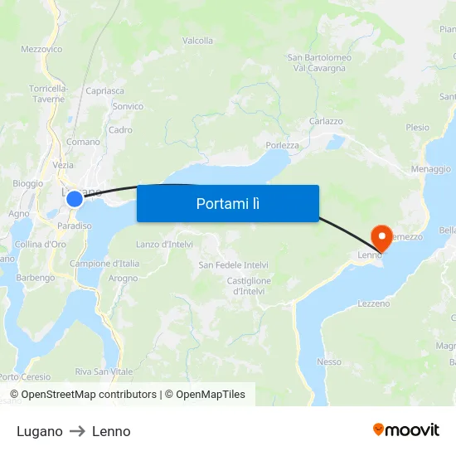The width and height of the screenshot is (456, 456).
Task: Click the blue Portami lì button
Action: (x=227, y=203)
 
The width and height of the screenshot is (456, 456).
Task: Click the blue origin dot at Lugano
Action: (x=75, y=198)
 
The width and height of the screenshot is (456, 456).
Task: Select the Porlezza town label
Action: (x=282, y=145)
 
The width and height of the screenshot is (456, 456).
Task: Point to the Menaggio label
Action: (x=430, y=169)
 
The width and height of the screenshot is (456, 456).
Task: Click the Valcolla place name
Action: (x=197, y=41)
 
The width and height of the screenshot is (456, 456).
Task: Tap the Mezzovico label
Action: (x=41, y=49)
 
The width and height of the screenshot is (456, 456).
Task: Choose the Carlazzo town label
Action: (x=326, y=121)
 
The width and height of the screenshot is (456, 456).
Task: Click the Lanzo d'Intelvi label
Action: (x=164, y=244)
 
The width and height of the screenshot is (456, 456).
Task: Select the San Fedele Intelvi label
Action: (x=233, y=265)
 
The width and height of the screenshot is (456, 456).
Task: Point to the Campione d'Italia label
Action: (x=104, y=264)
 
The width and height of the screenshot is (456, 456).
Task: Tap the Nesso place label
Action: (x=328, y=361)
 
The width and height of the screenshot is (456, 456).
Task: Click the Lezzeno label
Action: (x=373, y=304)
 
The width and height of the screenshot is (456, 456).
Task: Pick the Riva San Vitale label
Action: (x=104, y=371)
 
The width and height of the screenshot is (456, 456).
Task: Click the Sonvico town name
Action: (x=128, y=106)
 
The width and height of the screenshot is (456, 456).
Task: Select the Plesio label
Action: (x=418, y=128)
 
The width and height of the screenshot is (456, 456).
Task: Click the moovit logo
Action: (x=406, y=429)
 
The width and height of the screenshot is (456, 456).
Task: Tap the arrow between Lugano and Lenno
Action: (x=77, y=431)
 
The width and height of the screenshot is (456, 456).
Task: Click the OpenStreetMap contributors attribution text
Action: (x=89, y=395)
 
